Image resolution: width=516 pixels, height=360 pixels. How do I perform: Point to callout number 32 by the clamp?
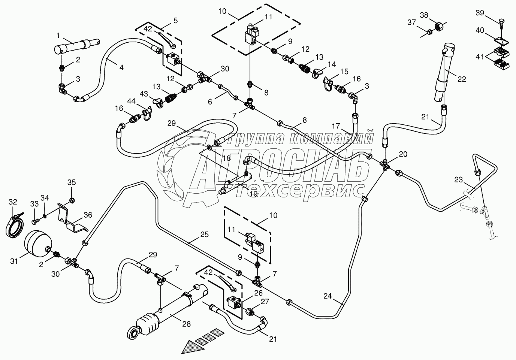[x=13, y=202]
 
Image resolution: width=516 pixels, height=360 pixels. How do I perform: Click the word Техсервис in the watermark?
[x=300, y=190]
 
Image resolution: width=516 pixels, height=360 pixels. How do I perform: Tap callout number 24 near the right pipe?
[x=328, y=296]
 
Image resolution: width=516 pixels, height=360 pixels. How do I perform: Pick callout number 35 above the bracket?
[x=72, y=183]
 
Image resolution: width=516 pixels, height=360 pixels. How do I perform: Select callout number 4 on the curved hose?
[x=121, y=68]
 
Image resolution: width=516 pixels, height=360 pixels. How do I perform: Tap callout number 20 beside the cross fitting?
[x=403, y=154]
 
